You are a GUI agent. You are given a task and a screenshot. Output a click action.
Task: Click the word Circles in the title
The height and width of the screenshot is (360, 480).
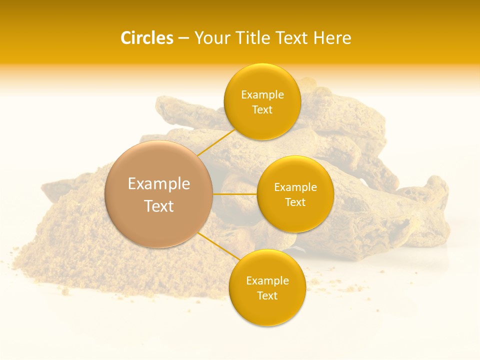[x=146, y=38]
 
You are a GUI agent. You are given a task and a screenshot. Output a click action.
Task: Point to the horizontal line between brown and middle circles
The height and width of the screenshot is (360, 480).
[x=235, y=194]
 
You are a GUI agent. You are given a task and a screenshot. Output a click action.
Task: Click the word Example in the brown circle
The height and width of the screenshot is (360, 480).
[x=159, y=184]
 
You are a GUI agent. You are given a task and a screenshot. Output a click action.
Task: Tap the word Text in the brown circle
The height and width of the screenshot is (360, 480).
[x=159, y=206]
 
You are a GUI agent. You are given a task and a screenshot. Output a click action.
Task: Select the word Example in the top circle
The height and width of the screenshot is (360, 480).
[x=262, y=95]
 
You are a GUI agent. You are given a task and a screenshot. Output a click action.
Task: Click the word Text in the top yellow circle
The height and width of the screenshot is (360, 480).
[x=262, y=110]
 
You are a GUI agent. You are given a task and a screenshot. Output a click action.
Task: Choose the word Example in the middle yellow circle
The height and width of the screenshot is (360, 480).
[x=295, y=187]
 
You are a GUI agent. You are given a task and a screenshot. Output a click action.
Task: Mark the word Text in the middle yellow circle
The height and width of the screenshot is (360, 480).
[x=295, y=202]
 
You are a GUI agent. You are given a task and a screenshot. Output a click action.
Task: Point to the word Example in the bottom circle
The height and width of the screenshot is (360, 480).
[x=267, y=281]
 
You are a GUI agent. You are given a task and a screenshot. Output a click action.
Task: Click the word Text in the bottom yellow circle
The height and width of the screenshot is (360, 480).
[x=267, y=296]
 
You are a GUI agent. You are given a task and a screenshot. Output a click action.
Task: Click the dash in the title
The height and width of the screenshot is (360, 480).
[x=183, y=38]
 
